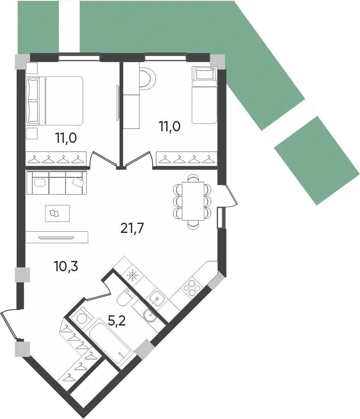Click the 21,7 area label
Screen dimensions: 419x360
[132, 227]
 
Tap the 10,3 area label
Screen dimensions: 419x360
[66, 267]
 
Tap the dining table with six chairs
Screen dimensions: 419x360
[193, 200]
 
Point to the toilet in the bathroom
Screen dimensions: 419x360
[124, 298]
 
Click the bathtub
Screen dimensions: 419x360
[111, 341]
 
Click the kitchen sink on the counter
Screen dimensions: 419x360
[156, 297]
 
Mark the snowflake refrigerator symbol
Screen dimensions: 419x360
[132, 275]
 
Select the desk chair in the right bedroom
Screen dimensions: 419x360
[147, 78]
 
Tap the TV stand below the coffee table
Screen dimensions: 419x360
[56, 237]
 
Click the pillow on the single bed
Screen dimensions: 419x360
[204, 74]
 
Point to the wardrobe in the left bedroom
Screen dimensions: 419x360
[57, 158]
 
